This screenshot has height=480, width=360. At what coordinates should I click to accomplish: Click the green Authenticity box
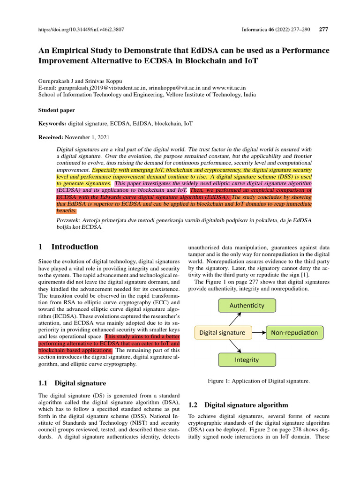(247, 306)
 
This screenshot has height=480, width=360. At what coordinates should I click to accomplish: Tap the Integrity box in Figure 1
(247, 360)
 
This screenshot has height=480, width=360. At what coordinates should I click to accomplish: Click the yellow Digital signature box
(223, 333)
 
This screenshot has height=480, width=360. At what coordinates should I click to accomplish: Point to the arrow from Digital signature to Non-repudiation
(259, 333)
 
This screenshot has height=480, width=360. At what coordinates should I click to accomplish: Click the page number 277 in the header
(323, 29)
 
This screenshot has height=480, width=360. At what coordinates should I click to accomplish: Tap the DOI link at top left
(81, 29)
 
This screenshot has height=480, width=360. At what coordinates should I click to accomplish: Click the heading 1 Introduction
(68, 247)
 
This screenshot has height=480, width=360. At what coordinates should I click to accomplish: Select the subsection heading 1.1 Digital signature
(72, 383)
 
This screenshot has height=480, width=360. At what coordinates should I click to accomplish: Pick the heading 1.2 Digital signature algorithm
(238, 405)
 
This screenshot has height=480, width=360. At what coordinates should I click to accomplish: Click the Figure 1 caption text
(258, 381)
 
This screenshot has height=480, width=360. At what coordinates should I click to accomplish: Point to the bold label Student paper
(56, 110)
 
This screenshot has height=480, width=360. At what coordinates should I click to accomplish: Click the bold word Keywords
(52, 124)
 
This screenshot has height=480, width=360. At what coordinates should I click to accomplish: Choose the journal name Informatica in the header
(254, 29)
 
